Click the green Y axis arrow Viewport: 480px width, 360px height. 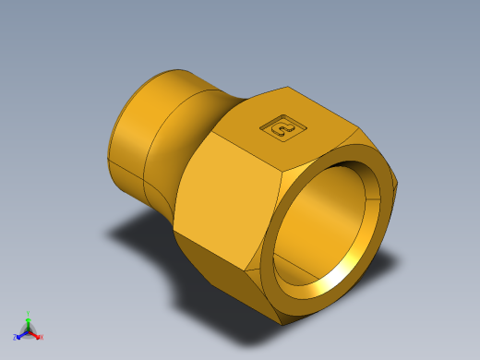[29, 320]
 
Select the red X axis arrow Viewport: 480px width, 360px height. [36, 334]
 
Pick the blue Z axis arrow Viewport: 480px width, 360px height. [21, 333]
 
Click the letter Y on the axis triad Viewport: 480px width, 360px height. [29, 313]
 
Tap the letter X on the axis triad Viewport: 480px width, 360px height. [42, 338]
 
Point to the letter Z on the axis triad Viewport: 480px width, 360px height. [15, 337]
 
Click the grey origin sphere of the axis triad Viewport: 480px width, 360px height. [29, 330]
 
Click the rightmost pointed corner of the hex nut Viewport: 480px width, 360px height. [398, 184]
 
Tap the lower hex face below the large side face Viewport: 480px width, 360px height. [222, 277]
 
